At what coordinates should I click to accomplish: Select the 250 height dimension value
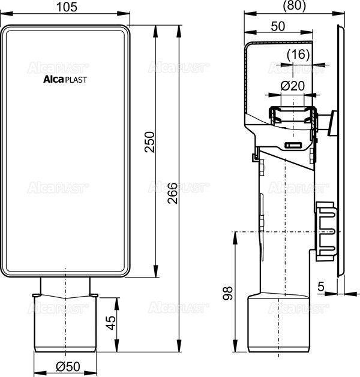pyautogui.click(x=151, y=141)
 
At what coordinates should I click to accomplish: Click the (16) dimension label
pyautogui.click(x=298, y=55)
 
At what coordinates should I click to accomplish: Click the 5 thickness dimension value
pyautogui.click(x=322, y=287)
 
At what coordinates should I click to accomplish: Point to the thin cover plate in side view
pyautogui.click(x=341, y=150)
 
